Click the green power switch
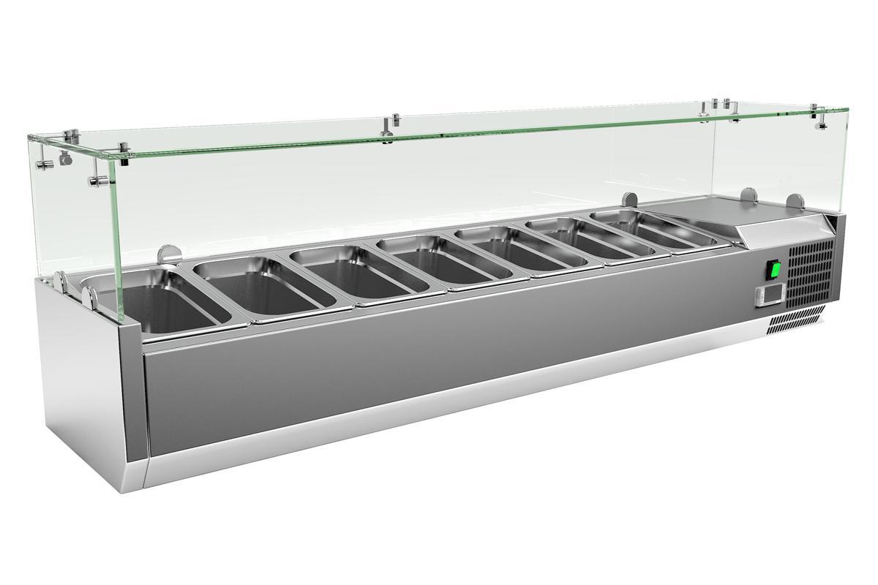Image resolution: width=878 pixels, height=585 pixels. (773, 270)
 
